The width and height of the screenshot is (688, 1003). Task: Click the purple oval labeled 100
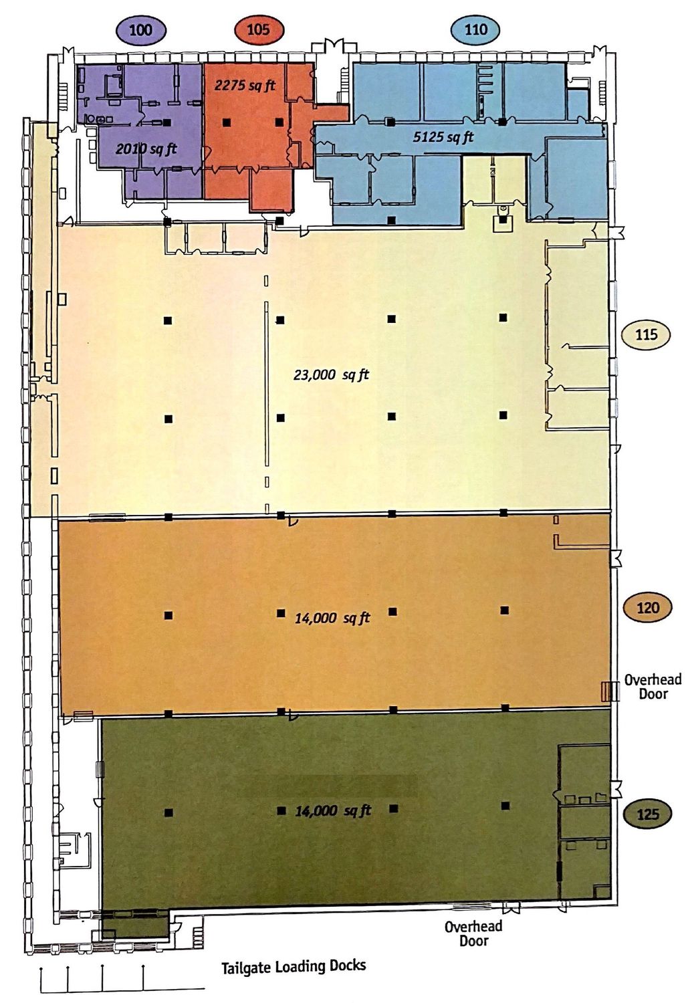pos(141,30)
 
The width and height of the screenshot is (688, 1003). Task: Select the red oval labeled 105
pos(259,30)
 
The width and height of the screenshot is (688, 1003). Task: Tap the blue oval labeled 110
pos(475,30)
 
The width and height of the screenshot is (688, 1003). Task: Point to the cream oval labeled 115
pos(647,334)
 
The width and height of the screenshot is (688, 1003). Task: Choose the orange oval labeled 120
pos(648,608)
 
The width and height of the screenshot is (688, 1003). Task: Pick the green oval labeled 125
pos(648,814)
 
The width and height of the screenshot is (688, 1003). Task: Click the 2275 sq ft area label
pos(245,85)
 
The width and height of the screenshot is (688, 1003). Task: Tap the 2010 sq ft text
pos(146,148)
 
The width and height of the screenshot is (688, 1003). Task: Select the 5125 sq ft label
pos(443,137)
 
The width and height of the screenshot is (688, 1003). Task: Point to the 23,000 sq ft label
pos(331,374)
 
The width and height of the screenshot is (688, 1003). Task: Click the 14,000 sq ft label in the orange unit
pos(332,618)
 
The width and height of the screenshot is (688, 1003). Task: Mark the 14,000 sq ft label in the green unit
pos(333,810)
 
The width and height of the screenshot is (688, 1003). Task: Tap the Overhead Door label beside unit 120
pos(653,687)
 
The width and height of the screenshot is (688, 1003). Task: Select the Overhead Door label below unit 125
pos(473,933)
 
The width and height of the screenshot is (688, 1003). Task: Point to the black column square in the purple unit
pos(167,122)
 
